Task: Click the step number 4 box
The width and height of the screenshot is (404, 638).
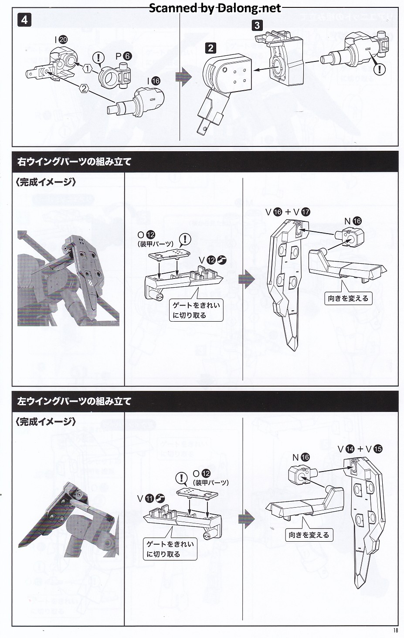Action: [x=24, y=20]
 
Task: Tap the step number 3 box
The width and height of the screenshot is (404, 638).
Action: [x=257, y=25]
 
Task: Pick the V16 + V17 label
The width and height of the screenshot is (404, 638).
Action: [x=288, y=212]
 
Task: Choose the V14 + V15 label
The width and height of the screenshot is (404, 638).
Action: [x=360, y=449]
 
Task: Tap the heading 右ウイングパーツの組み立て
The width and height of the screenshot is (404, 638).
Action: [x=74, y=162]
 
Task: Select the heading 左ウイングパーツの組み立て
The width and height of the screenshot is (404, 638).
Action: [x=74, y=401]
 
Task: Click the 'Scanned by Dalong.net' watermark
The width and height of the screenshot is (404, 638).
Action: [x=215, y=8]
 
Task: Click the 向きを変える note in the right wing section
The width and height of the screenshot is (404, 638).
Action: [x=348, y=299]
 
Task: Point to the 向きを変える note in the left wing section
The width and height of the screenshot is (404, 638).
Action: [x=309, y=535]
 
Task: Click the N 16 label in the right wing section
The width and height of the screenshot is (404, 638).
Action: [x=353, y=221]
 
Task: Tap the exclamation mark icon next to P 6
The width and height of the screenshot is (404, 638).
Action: [x=99, y=57]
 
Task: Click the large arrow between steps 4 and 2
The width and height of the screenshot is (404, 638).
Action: [x=183, y=77]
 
